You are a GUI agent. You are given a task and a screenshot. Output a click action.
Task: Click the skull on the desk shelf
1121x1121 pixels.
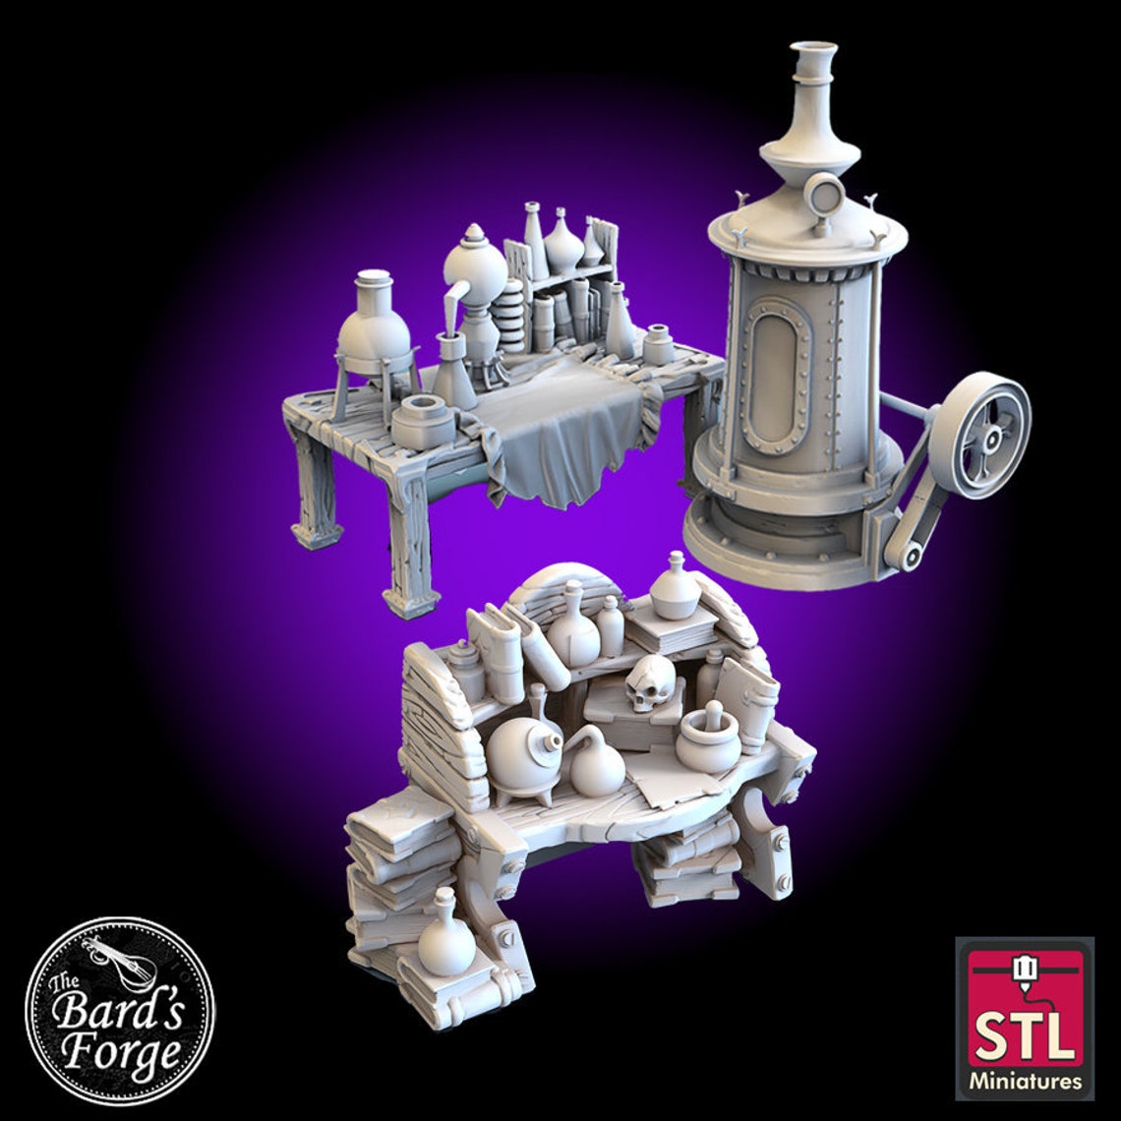(x=651, y=683)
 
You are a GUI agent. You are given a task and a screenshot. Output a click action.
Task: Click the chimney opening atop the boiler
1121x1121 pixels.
(x=812, y=49)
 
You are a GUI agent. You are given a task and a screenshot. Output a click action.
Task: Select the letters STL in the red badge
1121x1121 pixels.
(x=1024, y=1034)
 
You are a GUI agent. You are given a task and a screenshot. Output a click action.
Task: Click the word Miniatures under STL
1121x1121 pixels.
(x=1024, y=1083)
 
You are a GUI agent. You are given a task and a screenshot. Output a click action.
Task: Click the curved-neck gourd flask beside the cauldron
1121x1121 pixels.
(x=596, y=763)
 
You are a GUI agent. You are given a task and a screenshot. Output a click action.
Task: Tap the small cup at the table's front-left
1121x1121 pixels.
(x=423, y=423)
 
